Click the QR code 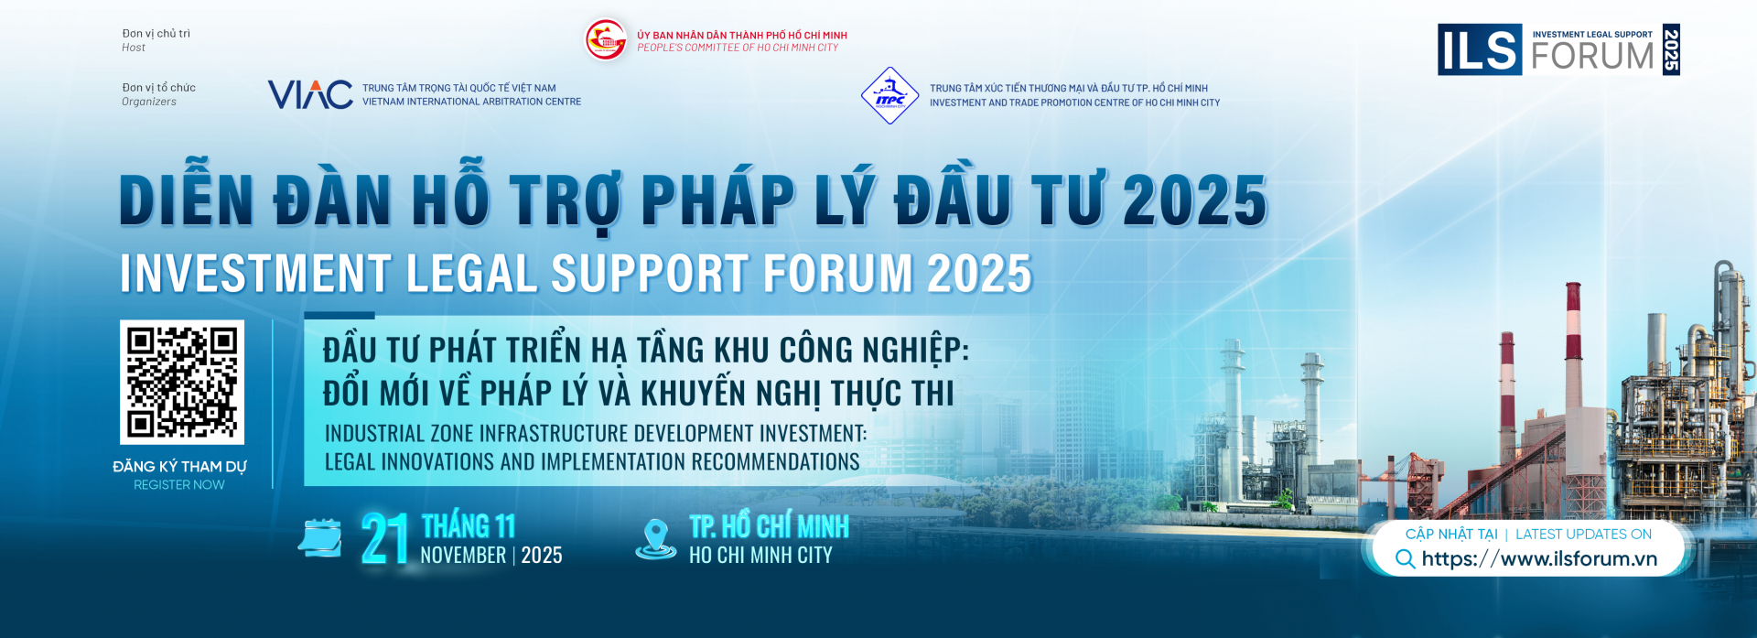[182, 382]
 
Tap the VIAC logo [310, 94]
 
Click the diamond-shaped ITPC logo [889, 95]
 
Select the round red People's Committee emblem [606, 40]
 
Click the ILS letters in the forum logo [1479, 49]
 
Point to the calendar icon [320, 538]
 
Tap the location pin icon [655, 538]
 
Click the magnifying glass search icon [1405, 558]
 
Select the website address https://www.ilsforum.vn [1539, 558]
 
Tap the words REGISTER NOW [179, 485]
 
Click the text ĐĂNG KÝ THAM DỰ [179, 467]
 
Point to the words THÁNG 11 [469, 526]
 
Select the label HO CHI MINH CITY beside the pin [760, 556]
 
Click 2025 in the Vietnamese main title [1194, 200]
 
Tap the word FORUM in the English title [837, 274]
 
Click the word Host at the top [134, 48]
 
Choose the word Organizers [149, 102]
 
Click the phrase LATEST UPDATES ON [1583, 535]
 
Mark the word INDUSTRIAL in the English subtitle [374, 434]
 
